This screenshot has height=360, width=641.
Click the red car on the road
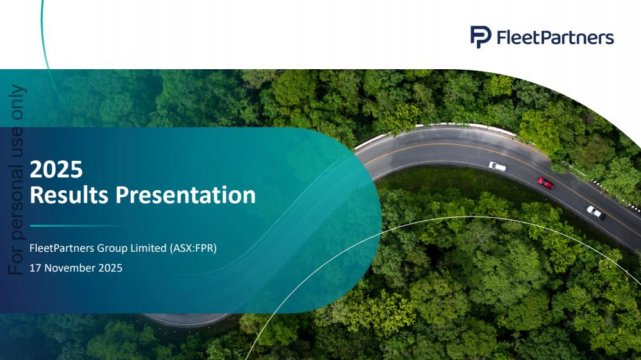545,183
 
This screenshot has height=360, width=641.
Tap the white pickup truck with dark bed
595,213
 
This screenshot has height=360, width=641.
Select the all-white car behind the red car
497,167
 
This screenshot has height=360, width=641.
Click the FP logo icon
480,37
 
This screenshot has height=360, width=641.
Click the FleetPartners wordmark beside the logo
555,37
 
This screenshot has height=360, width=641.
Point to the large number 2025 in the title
56,169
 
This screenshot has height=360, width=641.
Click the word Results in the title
69,195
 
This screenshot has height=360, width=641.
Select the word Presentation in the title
185,195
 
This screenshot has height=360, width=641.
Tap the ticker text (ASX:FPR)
194,248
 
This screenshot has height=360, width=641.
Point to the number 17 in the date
35,268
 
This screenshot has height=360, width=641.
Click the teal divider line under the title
78,225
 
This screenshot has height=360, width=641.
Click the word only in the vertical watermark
17,102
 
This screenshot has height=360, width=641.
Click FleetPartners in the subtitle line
62,248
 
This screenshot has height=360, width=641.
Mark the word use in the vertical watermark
17,143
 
